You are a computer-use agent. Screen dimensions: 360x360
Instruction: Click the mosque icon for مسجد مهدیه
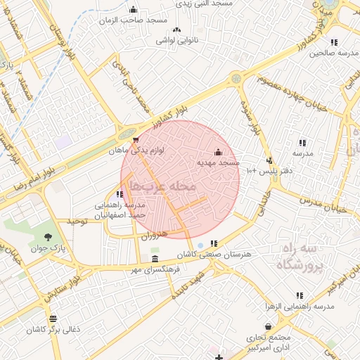click(217, 152)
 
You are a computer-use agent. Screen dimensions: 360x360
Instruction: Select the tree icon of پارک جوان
click(48, 237)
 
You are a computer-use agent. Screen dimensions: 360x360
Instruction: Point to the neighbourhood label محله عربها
click(165, 186)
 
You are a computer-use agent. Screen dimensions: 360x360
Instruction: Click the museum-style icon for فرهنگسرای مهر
click(155, 259)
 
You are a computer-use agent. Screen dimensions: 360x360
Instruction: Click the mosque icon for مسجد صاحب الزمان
click(134, 9)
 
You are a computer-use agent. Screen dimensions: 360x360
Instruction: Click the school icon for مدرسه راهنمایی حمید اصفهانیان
click(120, 194)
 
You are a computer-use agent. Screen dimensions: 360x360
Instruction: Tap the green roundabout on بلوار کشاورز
click(126, 133)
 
